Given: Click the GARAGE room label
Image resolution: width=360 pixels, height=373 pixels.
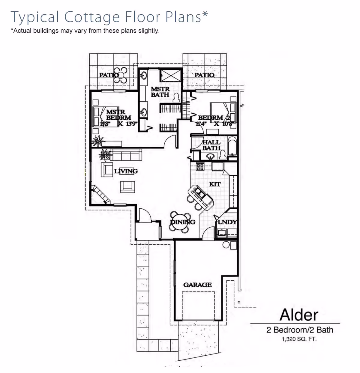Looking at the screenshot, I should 197,285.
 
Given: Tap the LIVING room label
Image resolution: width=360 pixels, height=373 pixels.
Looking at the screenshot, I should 126,171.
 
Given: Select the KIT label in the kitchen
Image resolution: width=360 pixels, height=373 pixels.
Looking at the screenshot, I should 215,184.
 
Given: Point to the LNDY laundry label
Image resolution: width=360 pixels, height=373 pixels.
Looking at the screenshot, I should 227,222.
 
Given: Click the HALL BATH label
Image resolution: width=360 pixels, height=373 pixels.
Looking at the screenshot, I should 211,145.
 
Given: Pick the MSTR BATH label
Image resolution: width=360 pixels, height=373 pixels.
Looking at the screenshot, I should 160,92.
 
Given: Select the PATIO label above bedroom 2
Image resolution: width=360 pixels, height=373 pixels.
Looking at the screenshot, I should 204,75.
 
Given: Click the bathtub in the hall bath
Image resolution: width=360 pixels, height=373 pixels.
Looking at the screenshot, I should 232,146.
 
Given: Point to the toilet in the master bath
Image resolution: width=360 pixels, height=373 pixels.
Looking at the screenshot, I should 177,97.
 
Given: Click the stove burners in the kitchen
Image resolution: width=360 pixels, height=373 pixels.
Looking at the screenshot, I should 200,166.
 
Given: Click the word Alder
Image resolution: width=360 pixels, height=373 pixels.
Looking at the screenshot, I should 299,315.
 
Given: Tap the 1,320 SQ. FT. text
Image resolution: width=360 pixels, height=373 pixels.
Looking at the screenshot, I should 299,339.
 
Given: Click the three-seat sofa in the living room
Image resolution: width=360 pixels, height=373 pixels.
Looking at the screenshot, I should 126,155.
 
